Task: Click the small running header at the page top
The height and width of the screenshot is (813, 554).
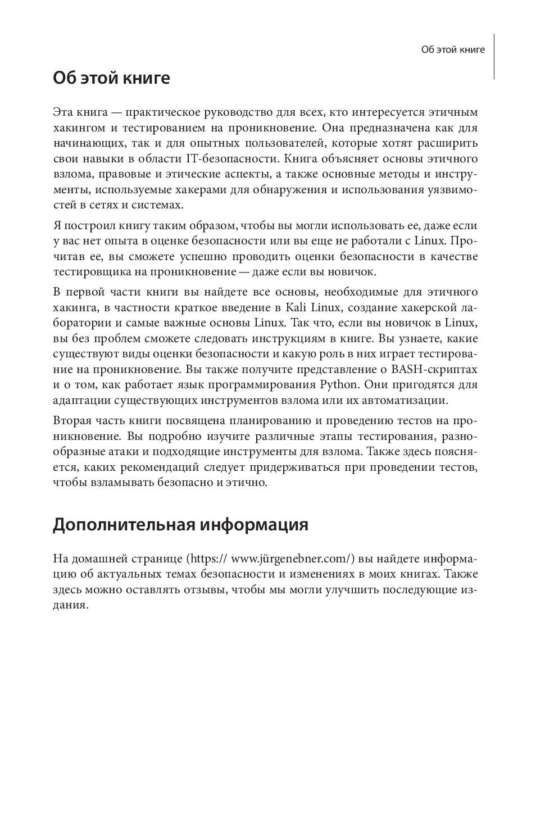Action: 453,49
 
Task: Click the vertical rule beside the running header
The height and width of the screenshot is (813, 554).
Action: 494,56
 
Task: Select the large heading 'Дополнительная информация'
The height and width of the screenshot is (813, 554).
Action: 180,525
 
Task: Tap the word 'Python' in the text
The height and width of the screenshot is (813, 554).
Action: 338,385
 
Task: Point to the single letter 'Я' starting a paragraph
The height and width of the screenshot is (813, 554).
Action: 57,226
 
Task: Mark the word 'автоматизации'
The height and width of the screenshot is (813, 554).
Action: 408,401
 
